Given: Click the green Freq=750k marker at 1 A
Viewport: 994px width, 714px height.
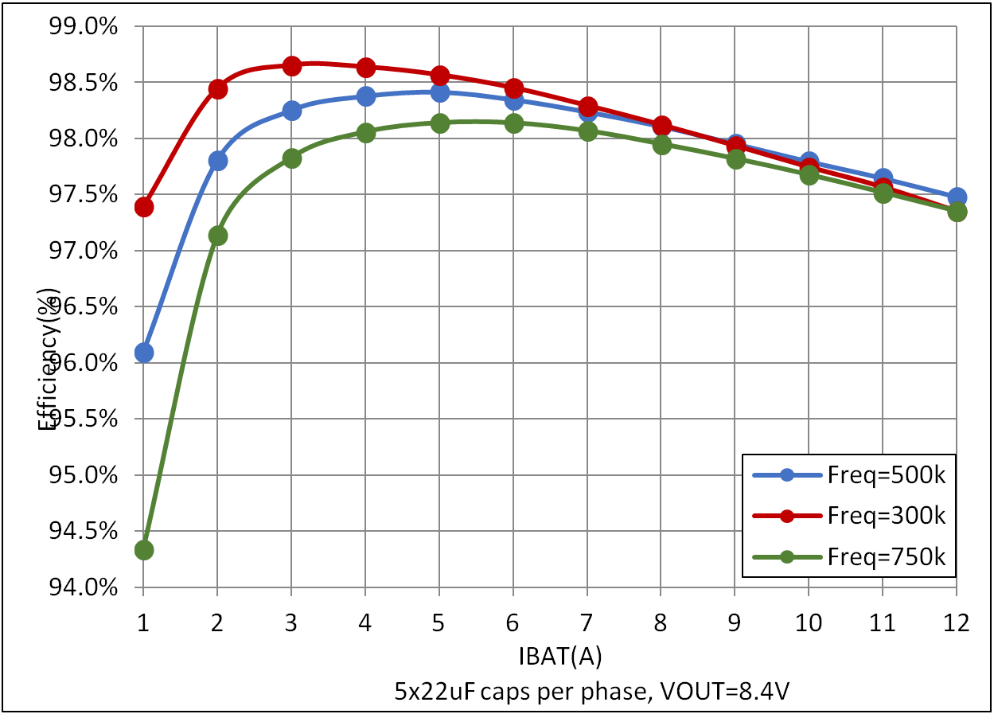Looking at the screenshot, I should (x=144, y=550).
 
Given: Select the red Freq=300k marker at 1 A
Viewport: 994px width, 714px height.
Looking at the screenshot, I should (x=144, y=207).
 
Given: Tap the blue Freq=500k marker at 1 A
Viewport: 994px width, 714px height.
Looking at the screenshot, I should (x=144, y=353).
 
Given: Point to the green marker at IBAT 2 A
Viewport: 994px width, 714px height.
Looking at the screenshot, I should (x=218, y=236).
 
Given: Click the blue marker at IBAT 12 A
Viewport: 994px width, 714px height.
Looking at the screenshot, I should (x=957, y=197).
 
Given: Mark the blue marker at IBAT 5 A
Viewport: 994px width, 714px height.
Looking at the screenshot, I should (x=440, y=92).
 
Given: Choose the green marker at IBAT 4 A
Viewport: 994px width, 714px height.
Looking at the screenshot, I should (x=366, y=133).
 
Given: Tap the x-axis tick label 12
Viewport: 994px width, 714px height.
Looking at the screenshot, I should (x=957, y=623).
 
